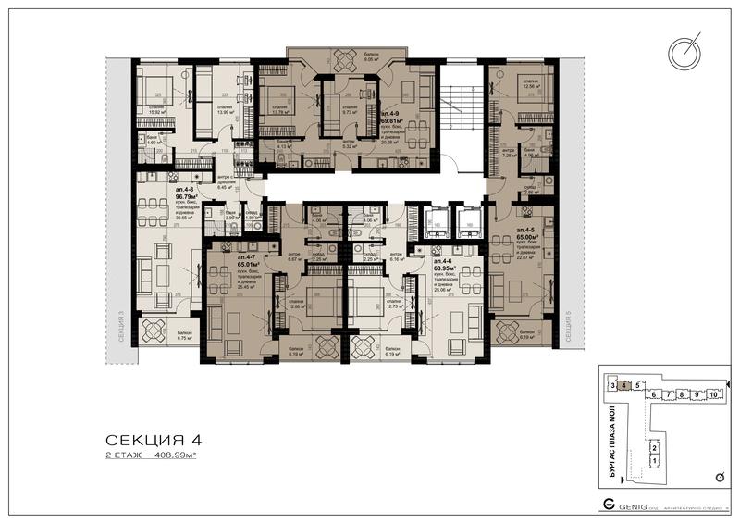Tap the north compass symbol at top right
point(686,54)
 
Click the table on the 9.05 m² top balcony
point(343,60)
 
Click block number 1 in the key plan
point(654,460)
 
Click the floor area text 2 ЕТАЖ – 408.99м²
point(154,457)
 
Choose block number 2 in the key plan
point(654,445)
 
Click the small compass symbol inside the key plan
point(719,477)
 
